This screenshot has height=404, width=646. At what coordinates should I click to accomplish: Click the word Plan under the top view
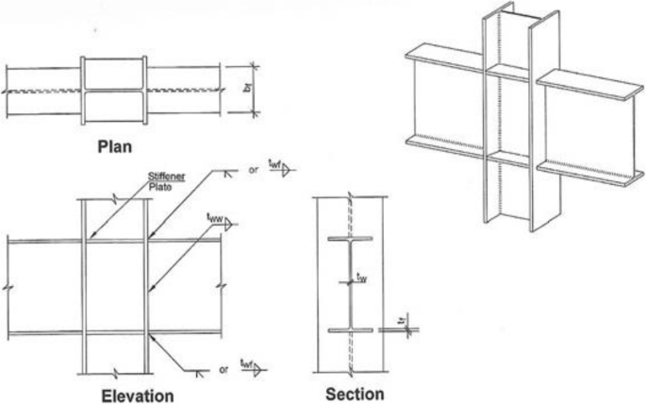[x=129, y=148]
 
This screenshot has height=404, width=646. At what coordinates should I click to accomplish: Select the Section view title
[x=353, y=391]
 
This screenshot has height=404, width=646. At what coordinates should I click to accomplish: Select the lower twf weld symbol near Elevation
[x=252, y=364]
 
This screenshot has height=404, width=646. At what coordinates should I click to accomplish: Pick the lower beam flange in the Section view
[x=346, y=329]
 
